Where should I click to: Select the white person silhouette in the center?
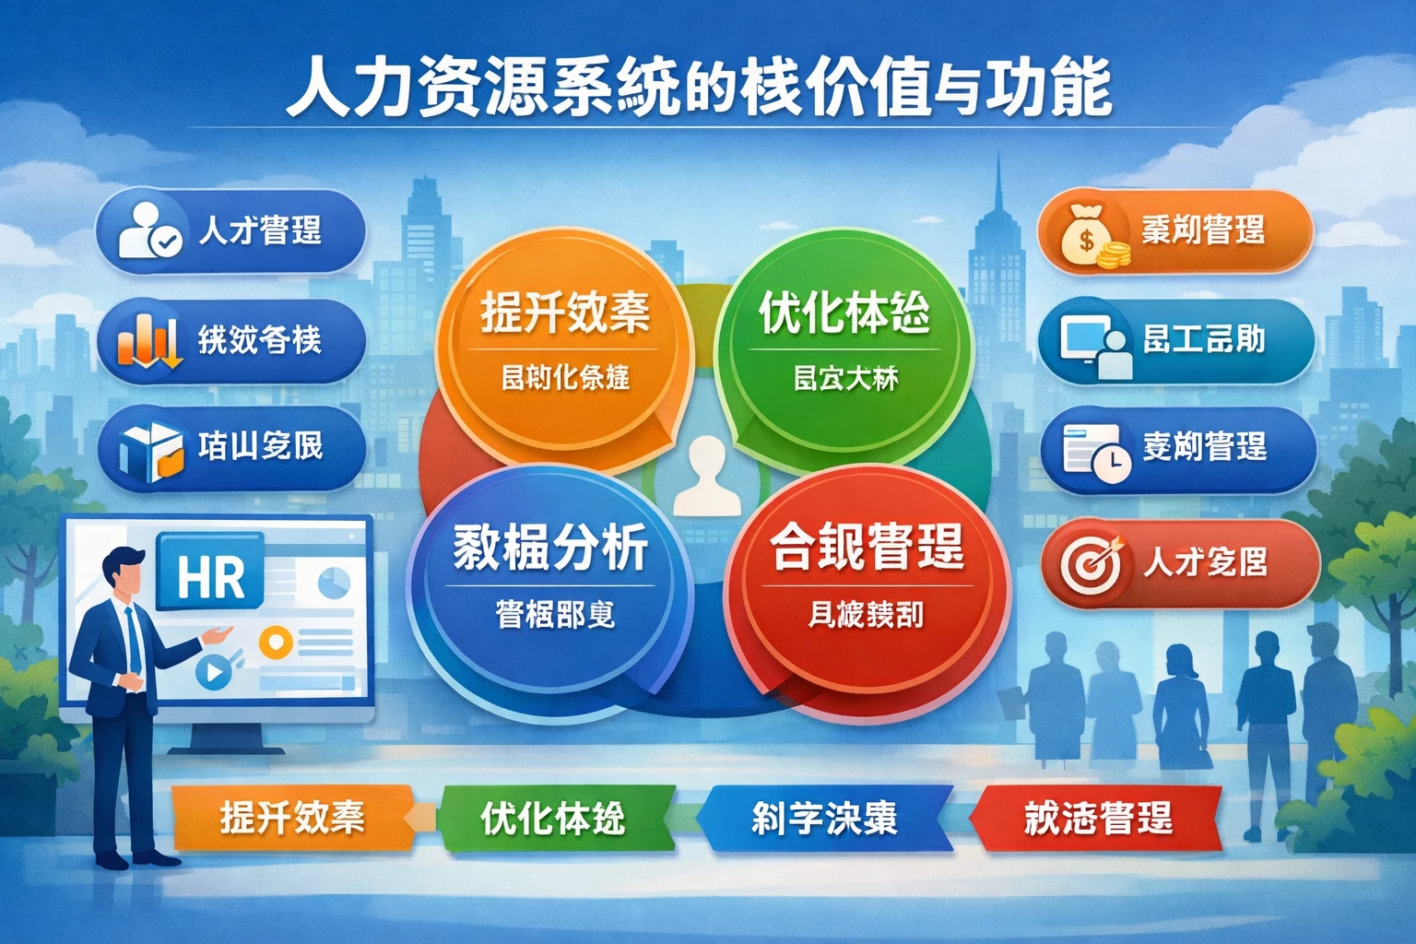pyautogui.click(x=707, y=476)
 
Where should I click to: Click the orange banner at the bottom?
pyautogui.click(x=291, y=818)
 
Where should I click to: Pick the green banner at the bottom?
pyautogui.click(x=553, y=818)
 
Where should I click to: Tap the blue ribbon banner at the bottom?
pyautogui.click(x=823, y=818)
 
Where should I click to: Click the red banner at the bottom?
pyautogui.click(x=1097, y=818)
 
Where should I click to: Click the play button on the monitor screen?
pyautogui.click(x=213, y=672)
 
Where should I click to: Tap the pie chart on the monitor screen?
pyautogui.click(x=333, y=583)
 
